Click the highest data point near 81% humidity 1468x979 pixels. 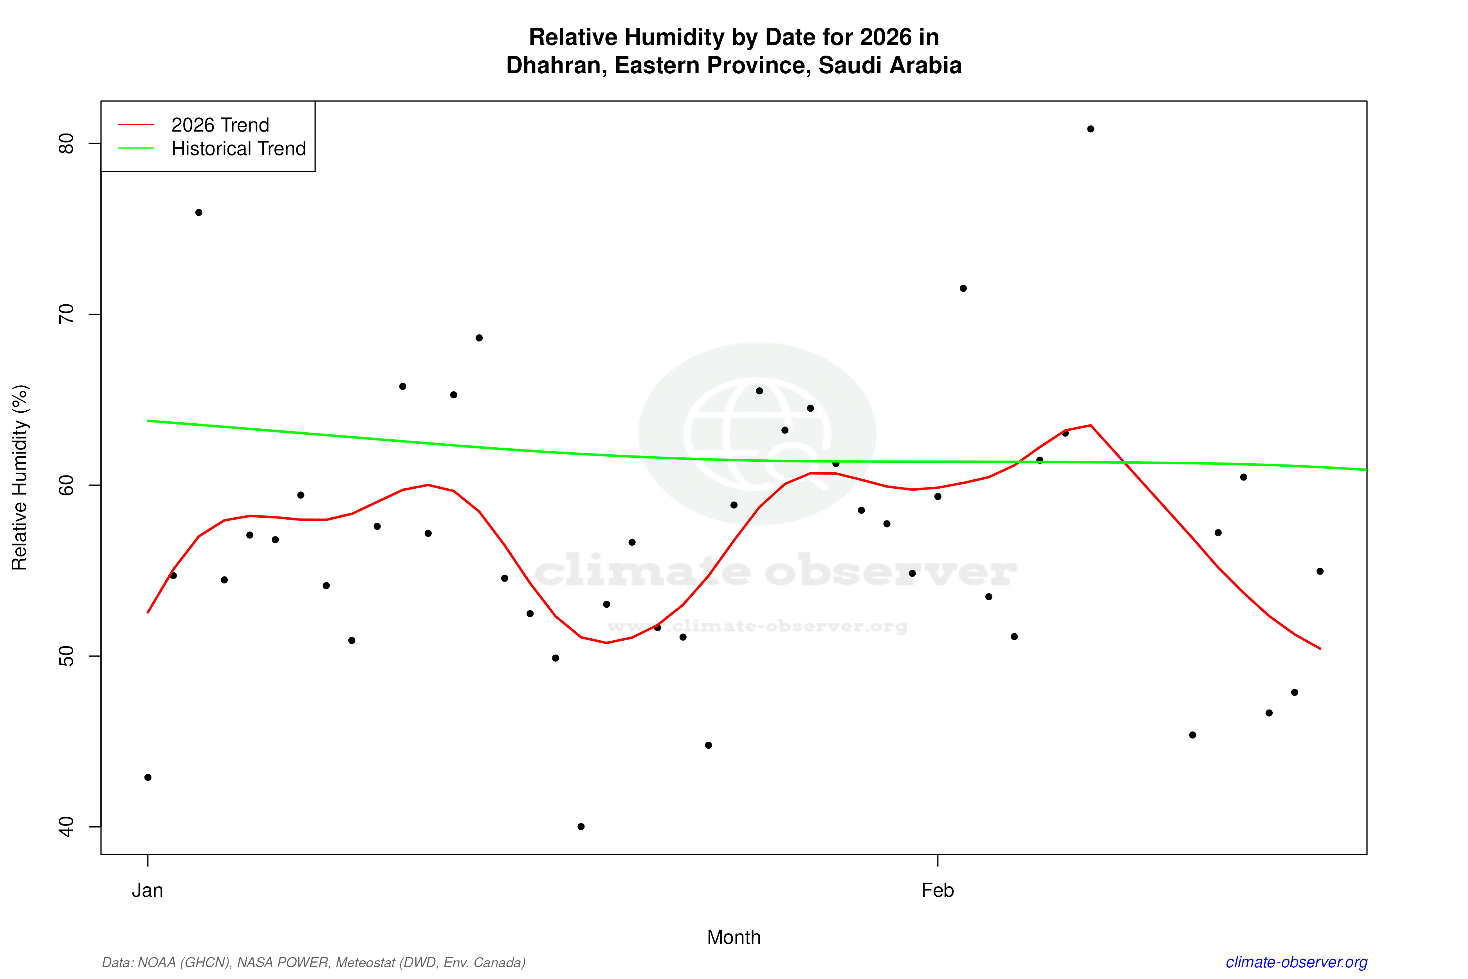[x=1090, y=129]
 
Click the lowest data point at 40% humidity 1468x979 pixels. [x=581, y=827]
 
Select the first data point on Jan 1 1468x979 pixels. [x=148, y=777]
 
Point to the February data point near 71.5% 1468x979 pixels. [x=963, y=289]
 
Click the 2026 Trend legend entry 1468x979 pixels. [x=220, y=125]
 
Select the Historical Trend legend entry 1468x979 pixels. [x=238, y=148]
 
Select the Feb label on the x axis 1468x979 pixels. [x=938, y=890]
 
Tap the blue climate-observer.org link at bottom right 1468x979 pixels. [x=1297, y=962]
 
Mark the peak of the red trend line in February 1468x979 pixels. [x=1090, y=425]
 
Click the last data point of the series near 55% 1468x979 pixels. [x=1320, y=571]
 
